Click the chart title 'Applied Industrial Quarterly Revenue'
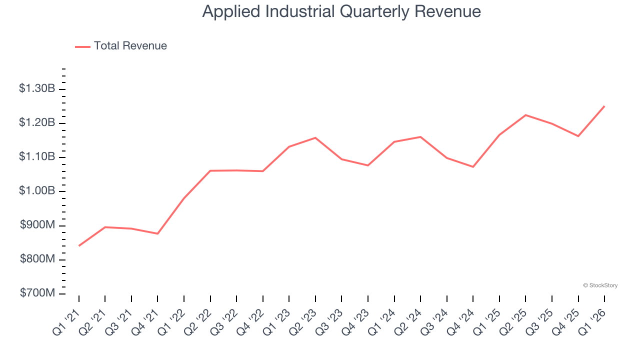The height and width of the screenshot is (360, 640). click(341, 11)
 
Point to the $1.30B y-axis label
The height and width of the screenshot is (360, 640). click(37, 89)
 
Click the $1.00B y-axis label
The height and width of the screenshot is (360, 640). click(37, 191)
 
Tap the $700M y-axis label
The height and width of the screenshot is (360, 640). click(37, 293)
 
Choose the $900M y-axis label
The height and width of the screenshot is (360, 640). click(37, 225)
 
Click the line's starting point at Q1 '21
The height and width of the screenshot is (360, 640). click(79, 245)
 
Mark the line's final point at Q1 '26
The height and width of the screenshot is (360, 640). click(604, 106)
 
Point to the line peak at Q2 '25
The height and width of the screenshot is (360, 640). click(525, 115)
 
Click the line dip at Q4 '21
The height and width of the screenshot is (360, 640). click(158, 233)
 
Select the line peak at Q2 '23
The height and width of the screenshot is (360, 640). click(315, 137)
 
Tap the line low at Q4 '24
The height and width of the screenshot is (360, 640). click(473, 166)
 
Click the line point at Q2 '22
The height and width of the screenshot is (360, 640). click(210, 170)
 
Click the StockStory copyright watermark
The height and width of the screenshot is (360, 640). click(600, 285)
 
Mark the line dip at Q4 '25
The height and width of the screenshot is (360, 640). click(578, 136)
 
